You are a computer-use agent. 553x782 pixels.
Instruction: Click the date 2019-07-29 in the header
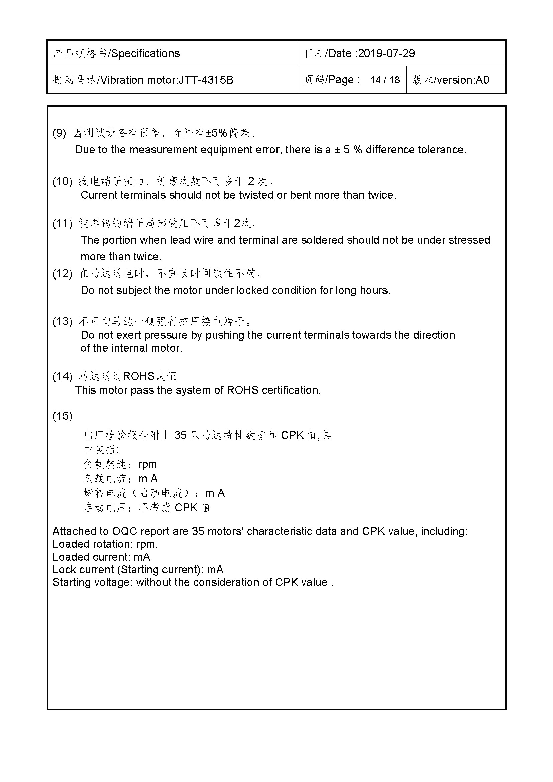[x=386, y=53]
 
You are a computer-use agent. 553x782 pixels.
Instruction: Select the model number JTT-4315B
[x=206, y=80]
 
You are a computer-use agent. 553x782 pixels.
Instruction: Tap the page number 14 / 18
[x=385, y=80]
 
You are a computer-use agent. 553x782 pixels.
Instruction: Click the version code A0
[x=482, y=80]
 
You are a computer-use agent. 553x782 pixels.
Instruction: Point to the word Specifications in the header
[x=145, y=53]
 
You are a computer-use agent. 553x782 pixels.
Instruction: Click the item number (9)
[x=59, y=133]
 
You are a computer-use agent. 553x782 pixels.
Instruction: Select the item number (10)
[x=62, y=181]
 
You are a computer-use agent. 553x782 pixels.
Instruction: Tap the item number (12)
[x=62, y=273]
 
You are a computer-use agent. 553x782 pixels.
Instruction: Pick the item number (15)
[x=62, y=416]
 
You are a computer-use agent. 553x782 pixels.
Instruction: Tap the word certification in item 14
[x=291, y=390]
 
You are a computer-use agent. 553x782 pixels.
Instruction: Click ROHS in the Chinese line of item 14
[x=139, y=376]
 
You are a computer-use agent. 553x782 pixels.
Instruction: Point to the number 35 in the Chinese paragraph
[x=181, y=435]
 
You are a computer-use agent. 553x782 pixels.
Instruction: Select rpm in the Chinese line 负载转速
[x=147, y=464]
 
